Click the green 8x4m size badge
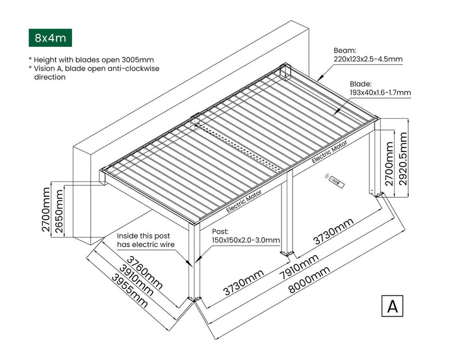[x=51, y=38]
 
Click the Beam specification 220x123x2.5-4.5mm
[x=368, y=59]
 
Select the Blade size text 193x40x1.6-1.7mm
[x=380, y=93]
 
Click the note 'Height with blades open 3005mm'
[x=93, y=60]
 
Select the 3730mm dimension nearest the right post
[x=333, y=233]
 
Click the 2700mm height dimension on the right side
[x=389, y=166]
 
